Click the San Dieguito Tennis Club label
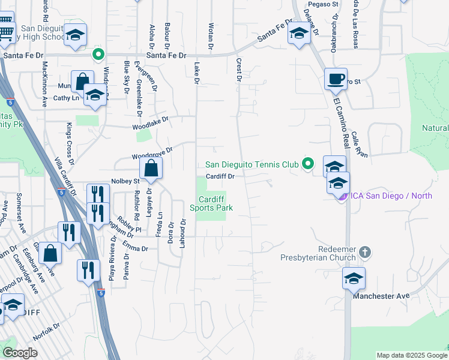click(252, 164)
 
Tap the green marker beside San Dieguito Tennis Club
click(308, 163)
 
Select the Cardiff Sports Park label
click(211, 204)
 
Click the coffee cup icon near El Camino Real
click(336, 79)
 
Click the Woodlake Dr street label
click(151, 124)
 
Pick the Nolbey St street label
click(125, 181)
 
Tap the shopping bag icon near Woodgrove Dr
click(151, 170)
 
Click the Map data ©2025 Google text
click(411, 355)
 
